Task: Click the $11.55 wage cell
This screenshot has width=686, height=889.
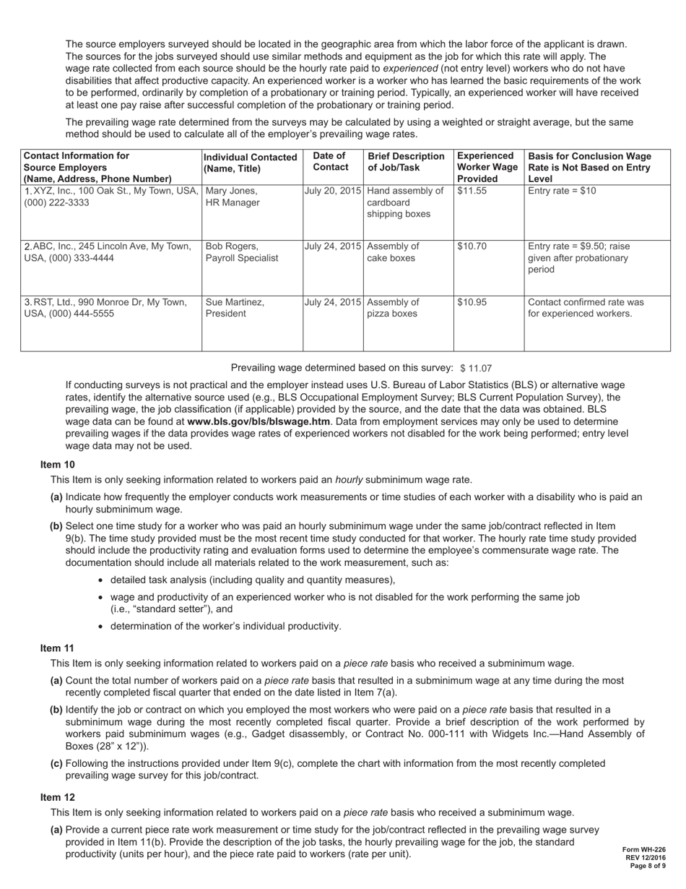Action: click(472, 191)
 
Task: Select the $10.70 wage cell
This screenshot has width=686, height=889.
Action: click(472, 246)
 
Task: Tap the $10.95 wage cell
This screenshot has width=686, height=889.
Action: click(472, 301)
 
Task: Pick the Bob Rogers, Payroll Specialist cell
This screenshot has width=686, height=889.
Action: click(241, 252)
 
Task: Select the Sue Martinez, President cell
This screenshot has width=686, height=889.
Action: click(235, 307)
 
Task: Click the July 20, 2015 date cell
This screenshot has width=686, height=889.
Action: click(333, 191)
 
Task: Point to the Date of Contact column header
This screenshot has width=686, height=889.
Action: click(330, 161)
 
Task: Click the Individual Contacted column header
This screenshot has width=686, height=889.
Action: click(251, 163)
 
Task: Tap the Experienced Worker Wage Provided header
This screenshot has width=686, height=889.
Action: click(487, 167)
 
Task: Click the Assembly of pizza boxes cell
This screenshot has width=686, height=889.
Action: click(393, 307)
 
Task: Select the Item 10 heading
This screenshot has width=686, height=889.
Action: click(57, 465)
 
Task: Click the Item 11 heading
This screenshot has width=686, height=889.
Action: click(57, 648)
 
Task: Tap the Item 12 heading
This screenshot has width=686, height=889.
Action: click(57, 797)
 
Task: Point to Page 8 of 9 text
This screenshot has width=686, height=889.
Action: click(647, 865)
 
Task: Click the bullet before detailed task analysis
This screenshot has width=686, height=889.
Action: click(100, 580)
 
